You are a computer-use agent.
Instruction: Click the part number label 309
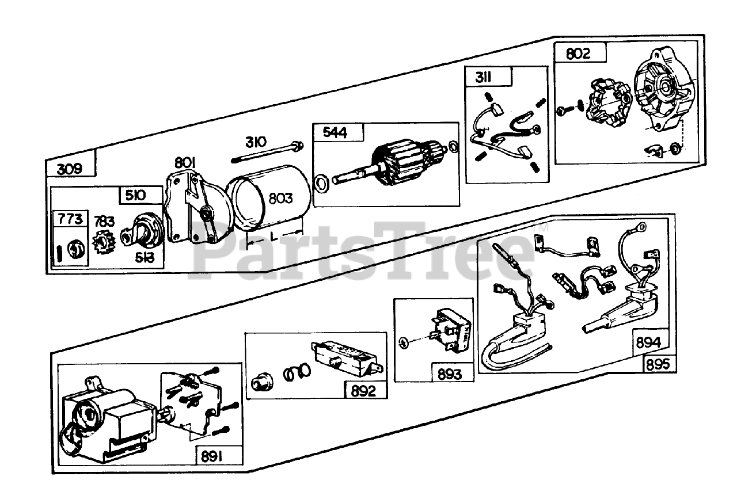click(x=70, y=169)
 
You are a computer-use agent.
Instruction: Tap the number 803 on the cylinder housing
click(x=280, y=199)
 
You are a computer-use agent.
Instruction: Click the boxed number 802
click(x=578, y=54)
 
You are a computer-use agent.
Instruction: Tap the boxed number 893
click(x=450, y=374)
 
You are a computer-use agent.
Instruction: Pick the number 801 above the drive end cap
click(x=186, y=163)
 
